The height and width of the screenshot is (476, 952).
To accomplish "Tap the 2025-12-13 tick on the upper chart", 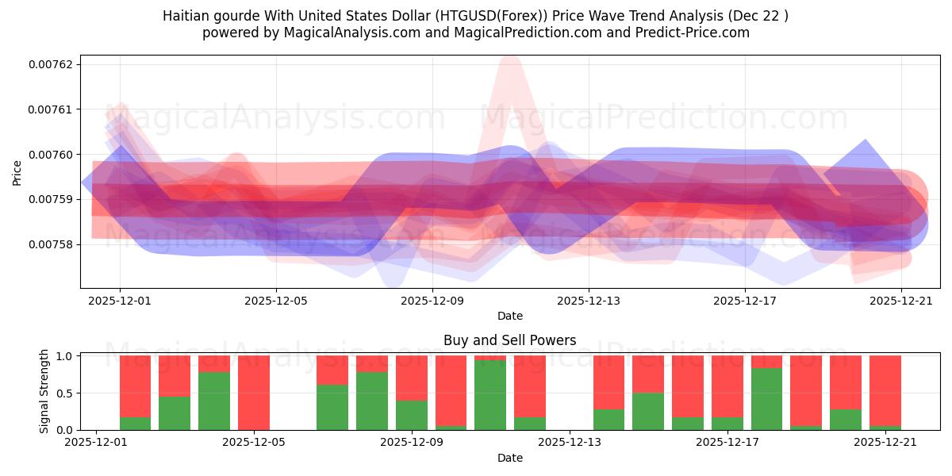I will pos(588,301).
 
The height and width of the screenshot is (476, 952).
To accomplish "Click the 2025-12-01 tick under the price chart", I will pos(120,301).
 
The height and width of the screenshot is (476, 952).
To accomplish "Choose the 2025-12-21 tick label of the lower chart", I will pos(885,443).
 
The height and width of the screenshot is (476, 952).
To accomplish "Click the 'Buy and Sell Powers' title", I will pos(509,340).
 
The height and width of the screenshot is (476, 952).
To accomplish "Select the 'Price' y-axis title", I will pos(17,172).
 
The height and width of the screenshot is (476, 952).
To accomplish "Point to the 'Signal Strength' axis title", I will pos(44,391).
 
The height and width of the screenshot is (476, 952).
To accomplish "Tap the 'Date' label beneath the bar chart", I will pos(509,458).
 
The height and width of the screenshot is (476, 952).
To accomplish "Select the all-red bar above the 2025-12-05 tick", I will pos(254,393).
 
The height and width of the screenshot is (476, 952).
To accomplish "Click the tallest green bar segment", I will pos(490,395).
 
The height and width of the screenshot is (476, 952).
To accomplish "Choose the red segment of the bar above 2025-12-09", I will pos(412,378).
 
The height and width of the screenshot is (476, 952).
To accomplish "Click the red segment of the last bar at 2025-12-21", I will pos(885,390).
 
